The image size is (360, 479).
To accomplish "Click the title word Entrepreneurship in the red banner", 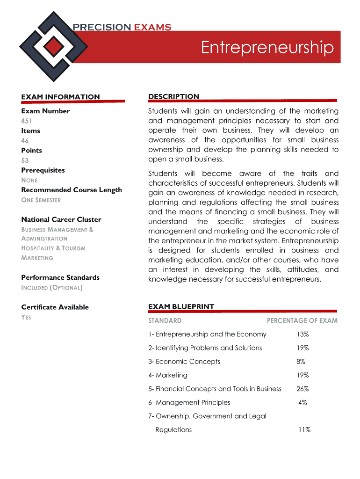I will click(x=267, y=47).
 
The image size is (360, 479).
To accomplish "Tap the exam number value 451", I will click(x=26, y=121).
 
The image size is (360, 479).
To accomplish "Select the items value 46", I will click(x=25, y=140).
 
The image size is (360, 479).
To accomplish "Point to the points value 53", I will click(x=25, y=160).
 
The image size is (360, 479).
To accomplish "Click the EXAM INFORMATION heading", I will click(x=60, y=97).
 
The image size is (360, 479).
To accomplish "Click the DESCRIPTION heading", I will click(x=173, y=96).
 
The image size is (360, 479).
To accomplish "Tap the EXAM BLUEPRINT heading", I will click(x=181, y=307).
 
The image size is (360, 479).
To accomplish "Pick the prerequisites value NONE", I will click(x=29, y=180).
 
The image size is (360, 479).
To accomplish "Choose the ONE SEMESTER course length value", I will click(x=41, y=200).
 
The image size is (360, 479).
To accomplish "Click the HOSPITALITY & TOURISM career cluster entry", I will click(x=53, y=248).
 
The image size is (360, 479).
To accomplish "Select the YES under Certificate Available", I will click(x=26, y=317).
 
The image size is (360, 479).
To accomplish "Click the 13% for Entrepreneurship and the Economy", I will click(x=302, y=334).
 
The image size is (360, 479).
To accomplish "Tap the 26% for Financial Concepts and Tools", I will click(x=302, y=389).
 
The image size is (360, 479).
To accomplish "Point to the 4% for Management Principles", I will click(x=302, y=402).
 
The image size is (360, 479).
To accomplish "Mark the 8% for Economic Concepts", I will click(x=301, y=362).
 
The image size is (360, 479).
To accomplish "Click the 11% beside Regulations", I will click(x=304, y=430).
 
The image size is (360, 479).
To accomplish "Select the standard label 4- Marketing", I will click(x=168, y=375).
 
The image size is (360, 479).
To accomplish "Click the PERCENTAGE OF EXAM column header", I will click(x=302, y=320).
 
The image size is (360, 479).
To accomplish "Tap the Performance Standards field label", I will click(x=60, y=277).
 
